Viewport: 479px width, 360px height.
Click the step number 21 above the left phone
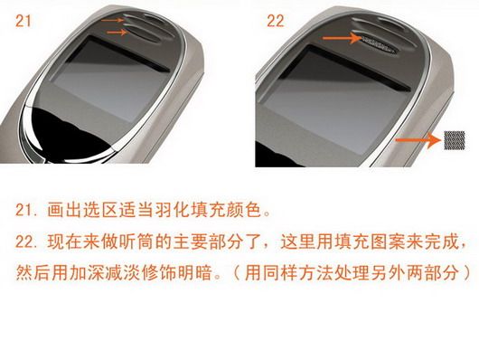click(x=23, y=21)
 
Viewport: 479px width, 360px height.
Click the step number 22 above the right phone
click(x=276, y=21)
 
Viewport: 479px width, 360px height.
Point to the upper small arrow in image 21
click(x=112, y=21)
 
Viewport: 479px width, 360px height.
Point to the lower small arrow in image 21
click(x=117, y=32)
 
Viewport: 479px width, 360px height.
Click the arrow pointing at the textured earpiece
click(x=343, y=38)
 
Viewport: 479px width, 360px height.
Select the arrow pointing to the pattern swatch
click(x=418, y=140)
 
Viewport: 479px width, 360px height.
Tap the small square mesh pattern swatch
click(x=455, y=140)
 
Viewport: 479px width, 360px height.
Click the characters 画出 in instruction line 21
click(x=65, y=210)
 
